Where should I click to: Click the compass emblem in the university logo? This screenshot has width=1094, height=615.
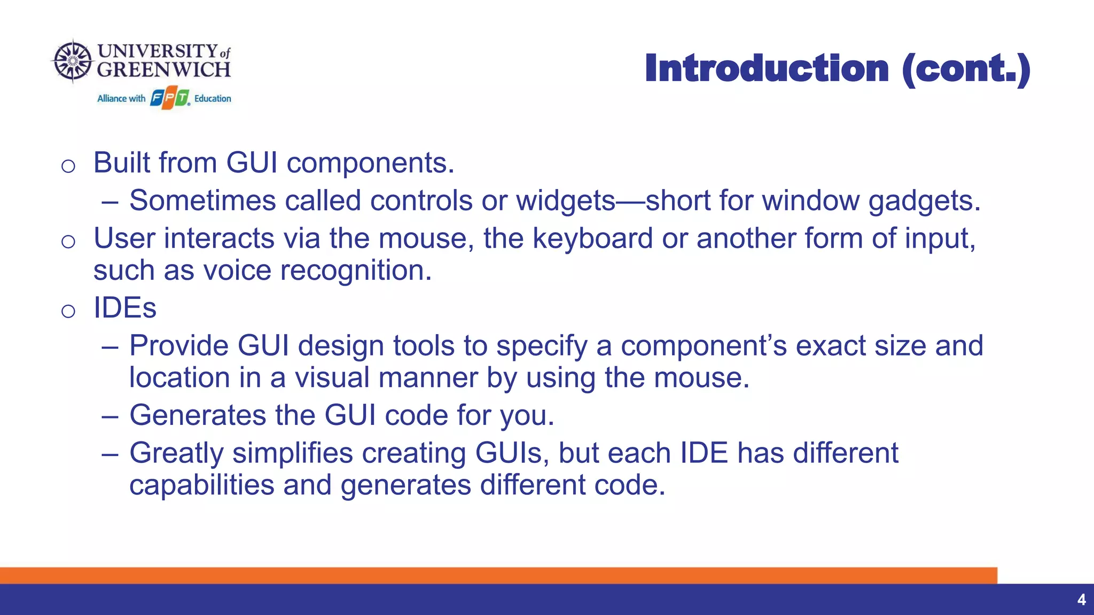point(73,61)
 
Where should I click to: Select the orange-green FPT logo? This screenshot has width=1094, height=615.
point(170,99)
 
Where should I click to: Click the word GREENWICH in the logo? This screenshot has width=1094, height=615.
point(163,70)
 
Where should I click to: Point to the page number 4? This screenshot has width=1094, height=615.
point(1081,600)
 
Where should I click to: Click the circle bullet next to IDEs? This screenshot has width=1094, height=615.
point(68,311)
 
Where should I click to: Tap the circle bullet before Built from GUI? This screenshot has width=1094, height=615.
point(68,165)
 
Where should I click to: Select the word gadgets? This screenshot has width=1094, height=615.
point(924,201)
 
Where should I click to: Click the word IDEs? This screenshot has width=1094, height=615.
point(125,308)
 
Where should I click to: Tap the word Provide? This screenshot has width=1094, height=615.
point(178,346)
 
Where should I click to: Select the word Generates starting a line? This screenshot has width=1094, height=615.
point(198,415)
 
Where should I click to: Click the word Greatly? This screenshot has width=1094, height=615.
point(176,454)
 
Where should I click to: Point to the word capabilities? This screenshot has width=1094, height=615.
point(201,485)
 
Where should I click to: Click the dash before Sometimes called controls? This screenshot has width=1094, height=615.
point(110,202)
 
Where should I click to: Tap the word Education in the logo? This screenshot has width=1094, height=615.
point(213,99)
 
